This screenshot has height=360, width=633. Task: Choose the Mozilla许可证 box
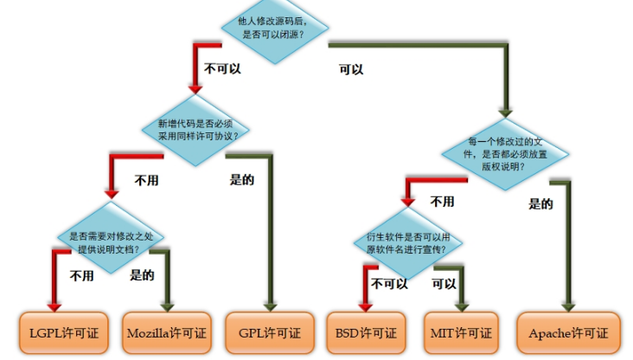(x=166, y=332)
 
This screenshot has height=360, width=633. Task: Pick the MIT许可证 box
(x=460, y=332)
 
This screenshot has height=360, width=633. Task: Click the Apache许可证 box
(x=568, y=332)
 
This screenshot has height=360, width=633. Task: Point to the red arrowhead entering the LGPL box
(x=55, y=305)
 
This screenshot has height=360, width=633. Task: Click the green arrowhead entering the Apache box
(x=567, y=305)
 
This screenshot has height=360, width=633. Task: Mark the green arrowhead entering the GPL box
(x=269, y=305)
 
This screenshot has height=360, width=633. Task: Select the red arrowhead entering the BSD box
(x=364, y=305)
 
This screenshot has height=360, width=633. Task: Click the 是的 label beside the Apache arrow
(x=540, y=204)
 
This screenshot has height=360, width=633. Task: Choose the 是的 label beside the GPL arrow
(x=242, y=181)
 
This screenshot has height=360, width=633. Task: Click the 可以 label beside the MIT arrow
(x=444, y=283)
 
